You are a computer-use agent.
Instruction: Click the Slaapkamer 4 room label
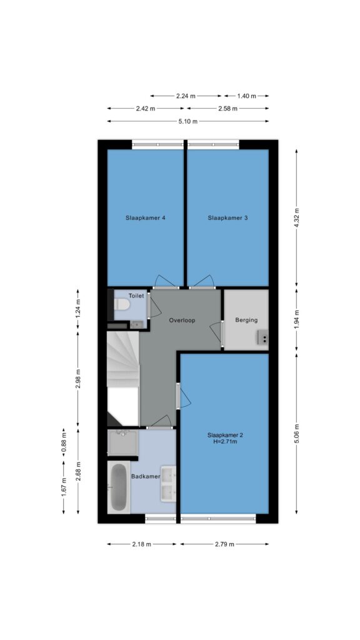pos(145,218)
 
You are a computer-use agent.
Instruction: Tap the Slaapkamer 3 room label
pos(227,218)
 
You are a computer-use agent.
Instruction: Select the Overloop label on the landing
pos(182,321)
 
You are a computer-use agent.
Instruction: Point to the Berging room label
pos(246,320)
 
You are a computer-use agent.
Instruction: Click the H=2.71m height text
pos(227,441)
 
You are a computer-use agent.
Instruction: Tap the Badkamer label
pos(145,476)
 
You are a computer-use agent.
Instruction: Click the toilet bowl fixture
pos(122,304)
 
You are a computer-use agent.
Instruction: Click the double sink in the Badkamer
pos(168,484)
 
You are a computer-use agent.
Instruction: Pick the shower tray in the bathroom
pos(123,442)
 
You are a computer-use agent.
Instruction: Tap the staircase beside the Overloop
pos(123,378)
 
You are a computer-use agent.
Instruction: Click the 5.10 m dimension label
pos(188,121)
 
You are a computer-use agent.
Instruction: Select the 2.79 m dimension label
pos(224,544)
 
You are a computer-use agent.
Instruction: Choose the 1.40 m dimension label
pos(246,96)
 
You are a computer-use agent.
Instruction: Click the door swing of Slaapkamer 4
pos(165,281)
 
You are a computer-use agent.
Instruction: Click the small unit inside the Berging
pos(263,337)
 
